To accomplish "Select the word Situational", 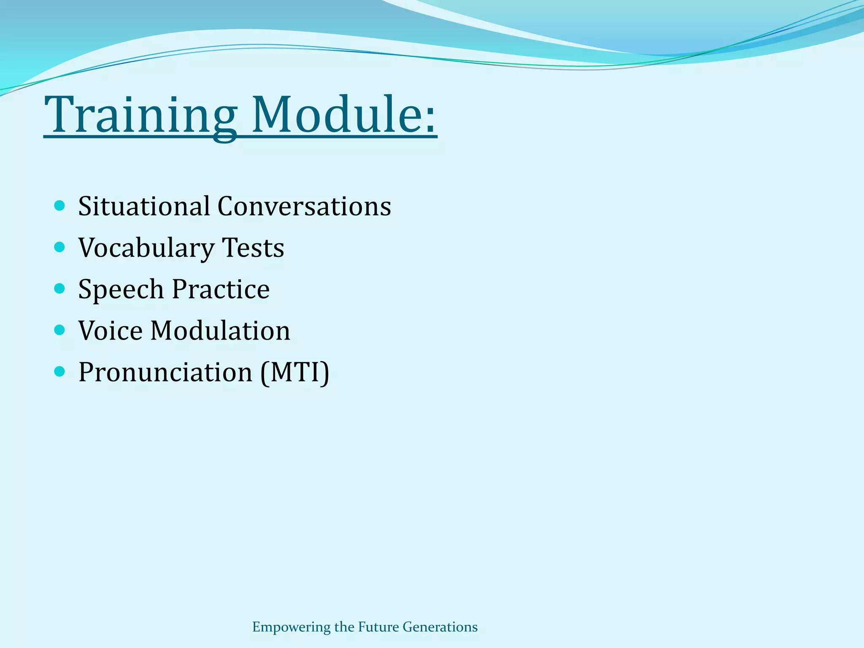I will click(x=144, y=206).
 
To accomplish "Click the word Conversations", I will click(x=304, y=206).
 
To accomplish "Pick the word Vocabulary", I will click(x=146, y=248).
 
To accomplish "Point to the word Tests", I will click(x=253, y=248).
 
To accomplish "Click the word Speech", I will click(x=121, y=289).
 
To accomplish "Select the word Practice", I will click(x=221, y=289).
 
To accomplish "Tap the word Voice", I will click(x=111, y=330).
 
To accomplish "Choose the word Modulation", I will click(x=220, y=330).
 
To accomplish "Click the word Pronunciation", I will click(x=165, y=372).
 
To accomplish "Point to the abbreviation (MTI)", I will click(x=294, y=372).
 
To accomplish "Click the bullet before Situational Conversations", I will click(x=60, y=206).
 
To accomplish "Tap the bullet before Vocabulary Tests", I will click(x=60, y=247).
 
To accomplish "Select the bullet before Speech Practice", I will click(x=60, y=289).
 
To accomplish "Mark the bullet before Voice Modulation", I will click(x=60, y=329).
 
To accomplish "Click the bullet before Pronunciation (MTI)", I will click(x=60, y=371).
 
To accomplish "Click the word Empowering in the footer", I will click(x=291, y=627).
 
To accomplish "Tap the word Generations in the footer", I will click(x=440, y=627).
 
